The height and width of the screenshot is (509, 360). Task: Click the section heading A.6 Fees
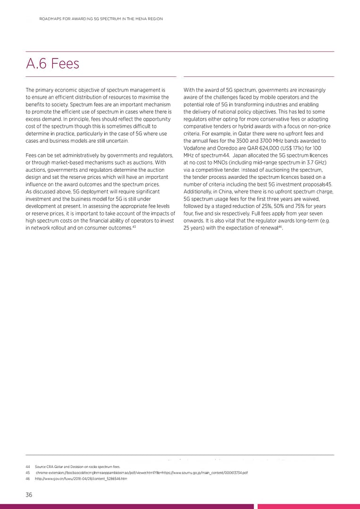tap(52, 64)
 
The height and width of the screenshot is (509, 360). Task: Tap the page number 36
tap(29, 494)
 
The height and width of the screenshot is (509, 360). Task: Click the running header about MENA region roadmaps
tap(101, 19)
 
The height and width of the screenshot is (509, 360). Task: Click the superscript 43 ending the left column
tap(134, 227)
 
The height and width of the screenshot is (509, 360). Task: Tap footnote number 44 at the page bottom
tap(28, 467)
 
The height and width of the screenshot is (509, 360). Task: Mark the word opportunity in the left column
tap(155, 119)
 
